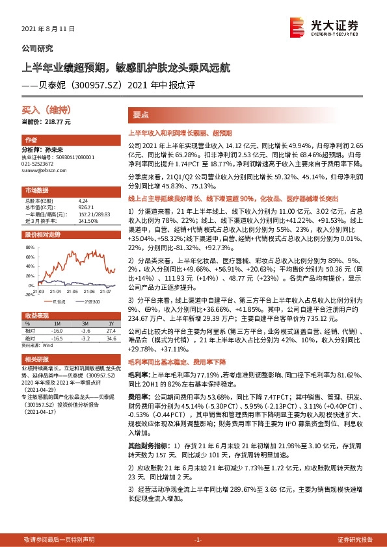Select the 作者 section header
(x=31, y=140)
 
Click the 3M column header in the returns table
(x=85, y=323)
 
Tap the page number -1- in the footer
(x=198, y=540)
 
